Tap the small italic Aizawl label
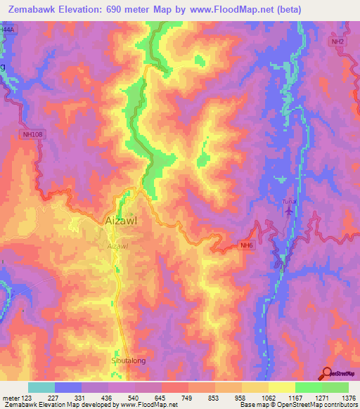pyautogui.click(x=118, y=247)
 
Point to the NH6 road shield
pyautogui.click(x=245, y=245)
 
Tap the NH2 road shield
pyautogui.click(x=339, y=42)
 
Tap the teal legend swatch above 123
pyautogui.click(x=41, y=387)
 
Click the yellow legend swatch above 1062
pyautogui.click(x=255, y=387)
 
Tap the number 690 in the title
pyautogui.click(x=124, y=10)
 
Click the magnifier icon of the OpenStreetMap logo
pyautogui.click(x=326, y=373)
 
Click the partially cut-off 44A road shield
pyautogui.click(x=6, y=30)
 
